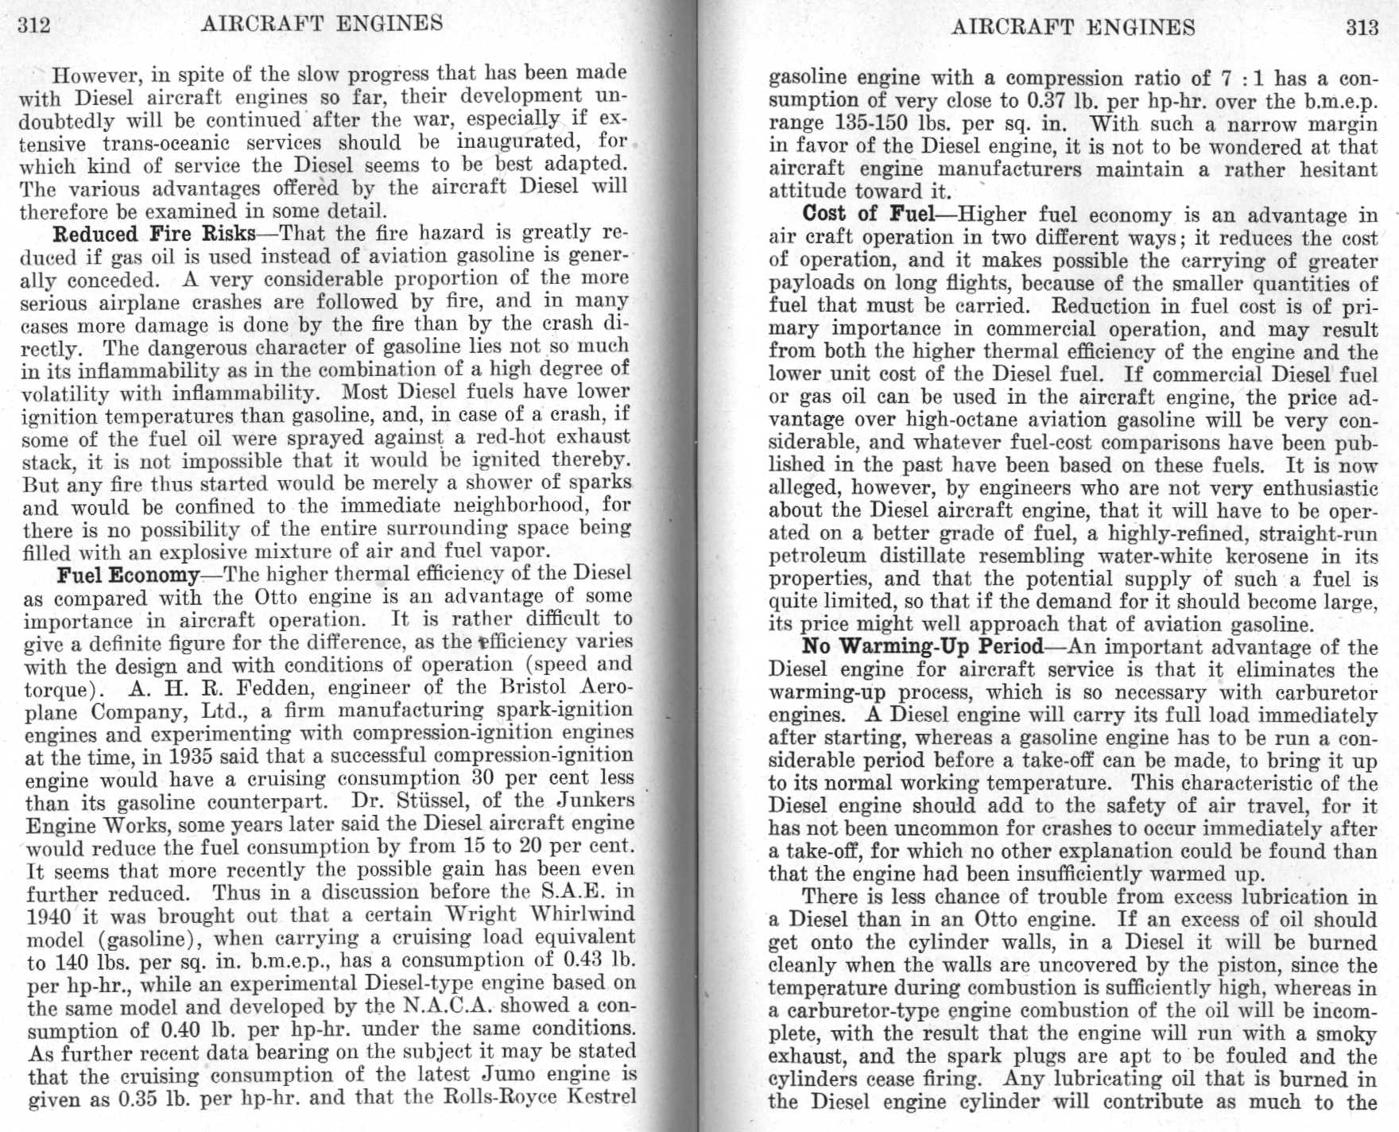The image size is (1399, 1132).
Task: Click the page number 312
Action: [x=34, y=25]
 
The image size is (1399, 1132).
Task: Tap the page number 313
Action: [x=1362, y=28]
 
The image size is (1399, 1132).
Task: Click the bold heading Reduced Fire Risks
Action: [x=154, y=234]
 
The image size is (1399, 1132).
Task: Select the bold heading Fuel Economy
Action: [x=128, y=574]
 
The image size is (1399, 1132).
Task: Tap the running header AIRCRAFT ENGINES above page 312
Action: [x=322, y=23]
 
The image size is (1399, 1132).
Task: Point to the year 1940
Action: [x=51, y=915]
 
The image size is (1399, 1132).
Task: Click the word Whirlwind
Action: [x=583, y=914]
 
